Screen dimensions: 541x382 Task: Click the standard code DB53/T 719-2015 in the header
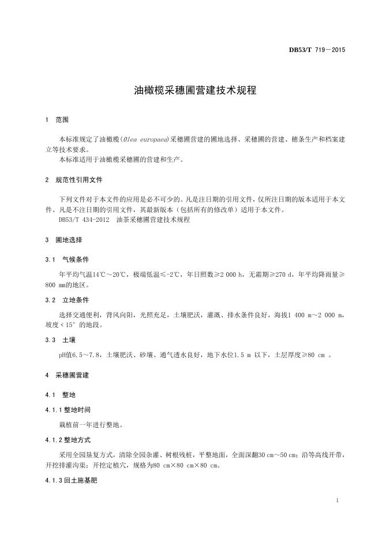(317, 50)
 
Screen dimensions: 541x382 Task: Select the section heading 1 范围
(57, 120)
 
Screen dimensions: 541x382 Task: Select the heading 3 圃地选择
(64, 240)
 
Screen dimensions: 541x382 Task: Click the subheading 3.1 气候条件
(67, 260)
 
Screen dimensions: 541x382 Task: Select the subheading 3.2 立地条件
(67, 300)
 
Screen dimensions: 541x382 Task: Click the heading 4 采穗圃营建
(68, 375)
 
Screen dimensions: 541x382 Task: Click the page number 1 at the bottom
(336, 499)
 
